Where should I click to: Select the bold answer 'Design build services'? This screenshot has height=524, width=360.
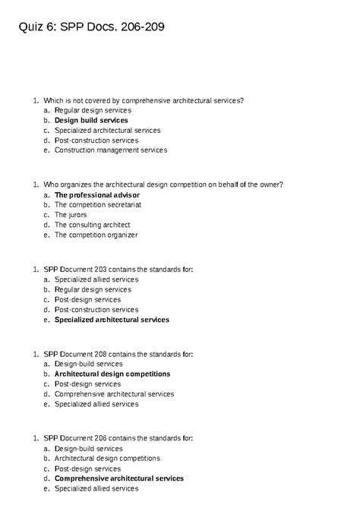91,120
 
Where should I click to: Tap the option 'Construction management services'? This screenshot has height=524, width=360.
111,150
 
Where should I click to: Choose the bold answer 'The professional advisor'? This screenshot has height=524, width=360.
97,194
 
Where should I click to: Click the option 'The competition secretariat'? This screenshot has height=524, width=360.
98,204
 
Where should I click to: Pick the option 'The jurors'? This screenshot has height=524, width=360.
71,215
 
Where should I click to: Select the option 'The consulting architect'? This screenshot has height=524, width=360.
93,225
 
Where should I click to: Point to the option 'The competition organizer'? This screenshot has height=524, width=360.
96,235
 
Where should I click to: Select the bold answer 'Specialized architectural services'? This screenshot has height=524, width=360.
112,320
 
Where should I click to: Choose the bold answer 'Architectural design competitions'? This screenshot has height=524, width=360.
112,374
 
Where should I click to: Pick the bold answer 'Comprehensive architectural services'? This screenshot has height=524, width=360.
119,478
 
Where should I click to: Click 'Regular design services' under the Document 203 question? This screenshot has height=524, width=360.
93,289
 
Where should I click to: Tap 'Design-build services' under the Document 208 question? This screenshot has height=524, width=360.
88,364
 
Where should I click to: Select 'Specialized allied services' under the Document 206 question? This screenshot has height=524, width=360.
96,488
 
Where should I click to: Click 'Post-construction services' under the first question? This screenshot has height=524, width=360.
96,140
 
